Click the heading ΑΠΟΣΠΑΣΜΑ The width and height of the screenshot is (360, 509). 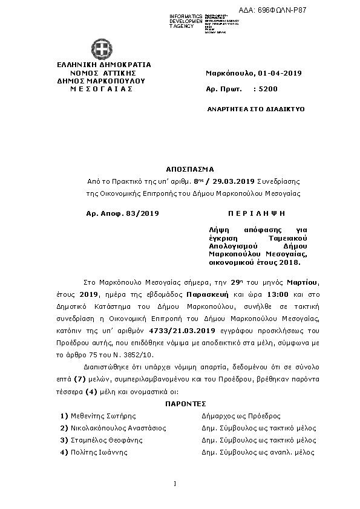click(190, 170)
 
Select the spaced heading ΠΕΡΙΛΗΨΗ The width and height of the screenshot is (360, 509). click(256, 213)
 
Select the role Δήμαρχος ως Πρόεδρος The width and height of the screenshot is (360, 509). click(240, 416)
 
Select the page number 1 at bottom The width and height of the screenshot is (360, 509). click(174, 483)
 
